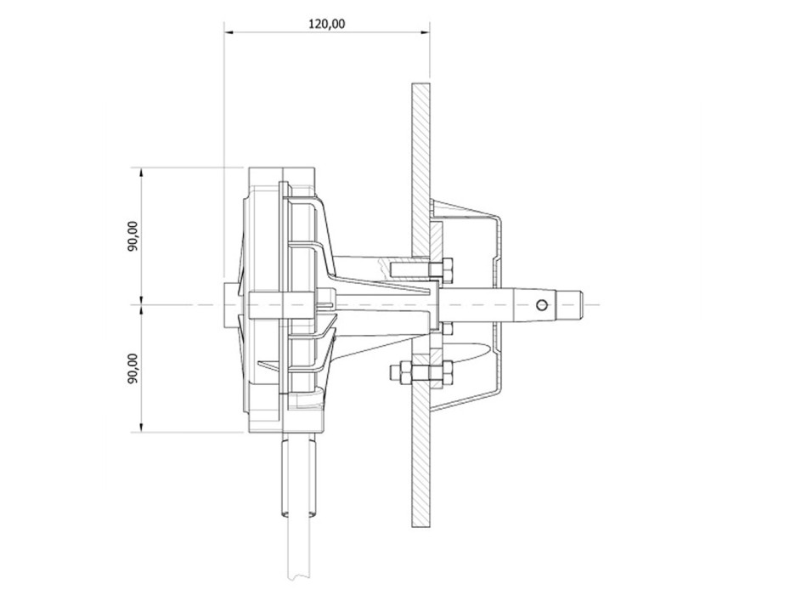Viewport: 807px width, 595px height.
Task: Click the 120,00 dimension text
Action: [326, 23]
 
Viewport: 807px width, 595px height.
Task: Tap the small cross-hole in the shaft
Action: [541, 303]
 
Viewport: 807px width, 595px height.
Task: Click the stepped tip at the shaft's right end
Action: [573, 303]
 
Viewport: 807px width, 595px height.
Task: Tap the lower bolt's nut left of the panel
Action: [402, 372]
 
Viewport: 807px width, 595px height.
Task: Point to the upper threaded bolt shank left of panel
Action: [408, 269]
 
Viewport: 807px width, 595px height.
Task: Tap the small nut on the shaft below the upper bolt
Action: [447, 326]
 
